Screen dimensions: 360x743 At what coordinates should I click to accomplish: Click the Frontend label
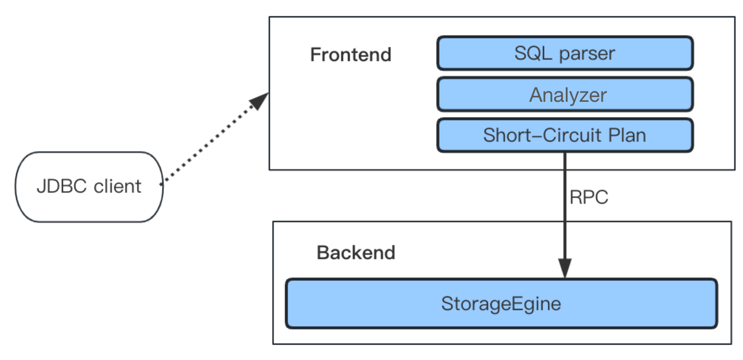coord(351,55)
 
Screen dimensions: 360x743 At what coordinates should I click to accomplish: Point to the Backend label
coord(356,253)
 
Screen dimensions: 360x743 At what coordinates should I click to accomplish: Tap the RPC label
coord(588,198)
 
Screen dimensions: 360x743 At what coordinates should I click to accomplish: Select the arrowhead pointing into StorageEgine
coord(564,268)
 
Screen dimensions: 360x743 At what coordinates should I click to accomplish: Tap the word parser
coord(587,54)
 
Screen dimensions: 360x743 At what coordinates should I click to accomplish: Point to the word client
coord(118,186)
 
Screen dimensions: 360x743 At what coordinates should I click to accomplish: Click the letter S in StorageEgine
coord(447,304)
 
